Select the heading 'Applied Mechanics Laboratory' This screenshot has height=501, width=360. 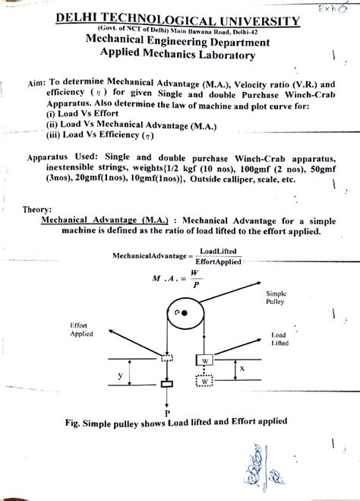coord(179,55)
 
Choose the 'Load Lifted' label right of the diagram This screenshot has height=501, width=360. coord(282,339)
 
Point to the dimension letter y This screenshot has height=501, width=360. coord(119,376)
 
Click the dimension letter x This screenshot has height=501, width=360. coord(242,368)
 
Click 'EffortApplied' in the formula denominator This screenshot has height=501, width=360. coord(218,261)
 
